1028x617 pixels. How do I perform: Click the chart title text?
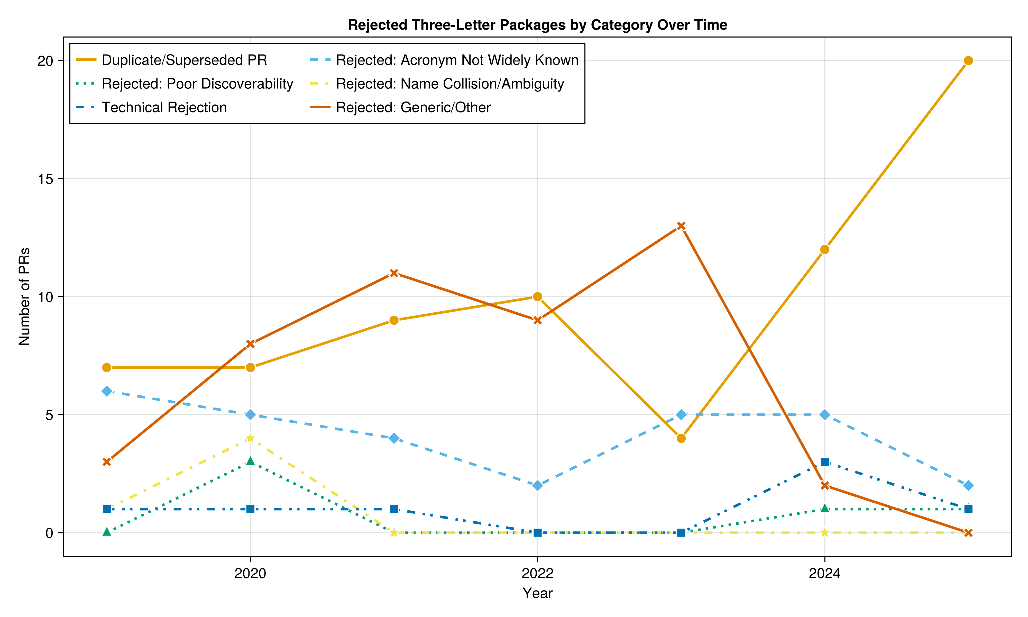(x=537, y=25)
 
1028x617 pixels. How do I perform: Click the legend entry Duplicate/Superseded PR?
(x=184, y=60)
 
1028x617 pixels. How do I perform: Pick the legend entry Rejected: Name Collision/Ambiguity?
(x=449, y=84)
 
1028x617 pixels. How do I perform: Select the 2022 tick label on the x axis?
(x=537, y=574)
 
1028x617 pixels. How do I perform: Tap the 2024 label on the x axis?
(x=824, y=574)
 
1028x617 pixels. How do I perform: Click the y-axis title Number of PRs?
(x=24, y=296)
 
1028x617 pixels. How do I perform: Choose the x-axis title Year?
(x=537, y=593)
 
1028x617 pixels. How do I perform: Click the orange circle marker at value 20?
(x=968, y=61)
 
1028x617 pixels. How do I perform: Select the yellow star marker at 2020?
(x=250, y=438)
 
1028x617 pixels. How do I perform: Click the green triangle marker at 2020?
(x=250, y=461)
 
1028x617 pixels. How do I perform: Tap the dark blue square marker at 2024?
(x=825, y=462)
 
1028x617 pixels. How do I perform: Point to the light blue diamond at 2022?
(x=537, y=486)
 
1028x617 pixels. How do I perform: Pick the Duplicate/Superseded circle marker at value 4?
(x=681, y=438)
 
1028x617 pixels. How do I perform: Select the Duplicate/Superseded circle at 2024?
(x=825, y=249)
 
